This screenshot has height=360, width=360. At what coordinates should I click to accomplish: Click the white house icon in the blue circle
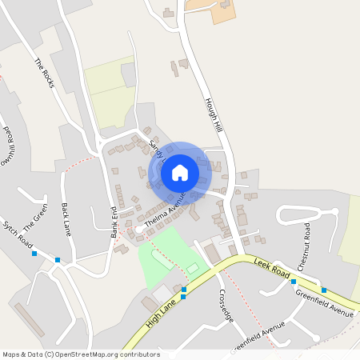coord(180,172)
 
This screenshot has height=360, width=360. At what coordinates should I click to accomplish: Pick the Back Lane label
coord(66,218)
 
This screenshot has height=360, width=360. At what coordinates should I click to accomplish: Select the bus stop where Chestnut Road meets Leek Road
coord(294,282)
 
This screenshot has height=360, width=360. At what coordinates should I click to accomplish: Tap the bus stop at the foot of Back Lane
coord(58,260)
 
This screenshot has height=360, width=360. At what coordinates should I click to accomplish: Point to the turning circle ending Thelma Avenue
coord(139,230)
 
